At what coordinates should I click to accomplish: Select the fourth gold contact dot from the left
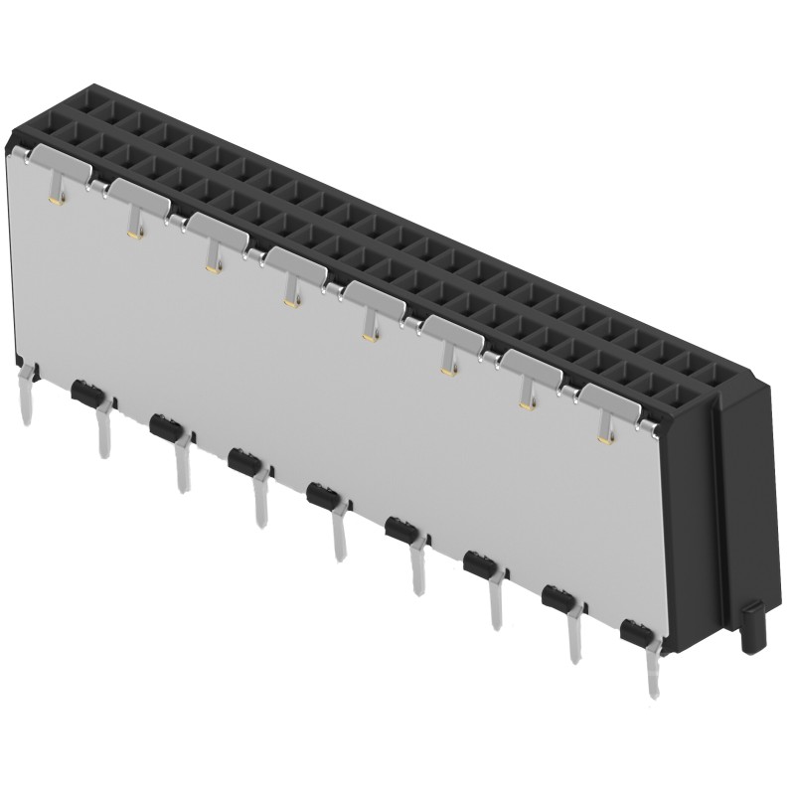click(289, 302)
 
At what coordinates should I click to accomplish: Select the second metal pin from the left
click(101, 432)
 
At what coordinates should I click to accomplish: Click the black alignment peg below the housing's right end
click(751, 628)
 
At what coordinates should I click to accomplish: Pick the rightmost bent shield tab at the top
click(616, 400)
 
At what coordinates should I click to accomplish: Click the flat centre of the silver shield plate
click(328, 397)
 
